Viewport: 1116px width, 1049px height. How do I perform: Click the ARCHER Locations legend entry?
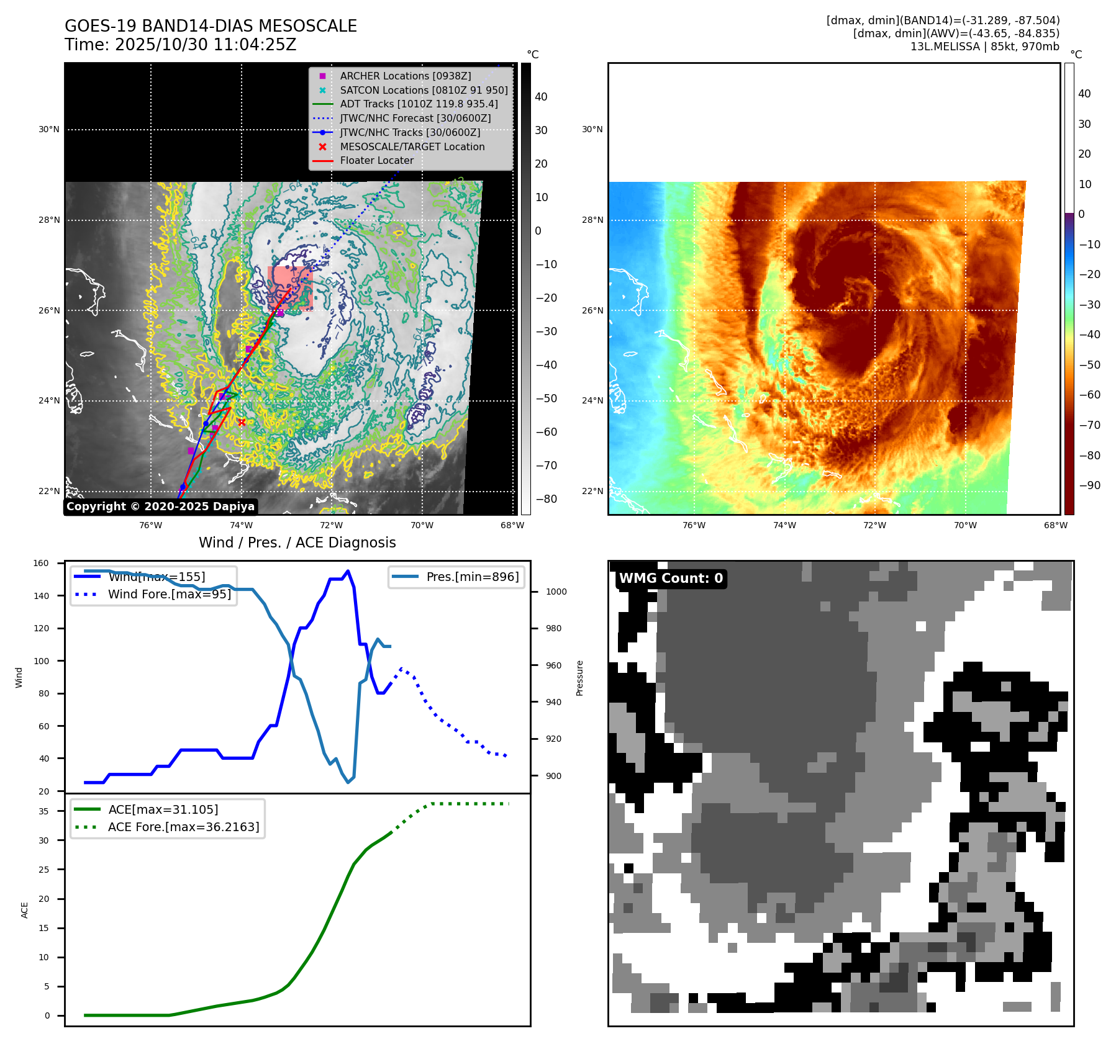[x=405, y=76]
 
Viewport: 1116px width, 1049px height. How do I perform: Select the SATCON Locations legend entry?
[x=424, y=90]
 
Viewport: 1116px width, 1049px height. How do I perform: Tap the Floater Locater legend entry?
[x=376, y=160]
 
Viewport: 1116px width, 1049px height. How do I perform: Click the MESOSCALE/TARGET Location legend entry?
[x=412, y=146]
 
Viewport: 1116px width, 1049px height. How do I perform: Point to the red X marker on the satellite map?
[x=242, y=422]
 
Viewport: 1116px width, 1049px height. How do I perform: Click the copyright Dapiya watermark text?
[x=160, y=506]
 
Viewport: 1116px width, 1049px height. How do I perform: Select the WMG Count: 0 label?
[x=671, y=579]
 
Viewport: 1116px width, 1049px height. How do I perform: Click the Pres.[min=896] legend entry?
[x=472, y=577]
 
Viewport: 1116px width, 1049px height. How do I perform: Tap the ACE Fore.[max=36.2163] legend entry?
[x=183, y=827]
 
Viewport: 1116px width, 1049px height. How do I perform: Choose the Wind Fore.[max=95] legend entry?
[x=169, y=594]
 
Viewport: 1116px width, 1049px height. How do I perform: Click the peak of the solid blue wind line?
[x=348, y=571]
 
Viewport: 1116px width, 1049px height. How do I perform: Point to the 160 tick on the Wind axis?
[x=41, y=564]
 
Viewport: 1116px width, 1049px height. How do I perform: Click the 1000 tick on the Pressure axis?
[x=556, y=592]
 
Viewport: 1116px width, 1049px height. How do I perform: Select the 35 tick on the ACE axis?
[x=43, y=811]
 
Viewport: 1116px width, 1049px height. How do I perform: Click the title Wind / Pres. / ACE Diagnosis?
[x=297, y=543]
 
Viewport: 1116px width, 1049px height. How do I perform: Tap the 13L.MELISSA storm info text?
[x=984, y=47]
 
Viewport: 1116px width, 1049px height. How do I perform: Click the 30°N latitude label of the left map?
[x=49, y=130]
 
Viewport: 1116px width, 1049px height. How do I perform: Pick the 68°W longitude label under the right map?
[x=1055, y=525]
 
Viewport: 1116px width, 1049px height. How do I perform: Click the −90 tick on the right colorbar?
[x=1089, y=485]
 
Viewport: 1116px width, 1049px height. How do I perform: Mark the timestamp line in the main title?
[x=180, y=45]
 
